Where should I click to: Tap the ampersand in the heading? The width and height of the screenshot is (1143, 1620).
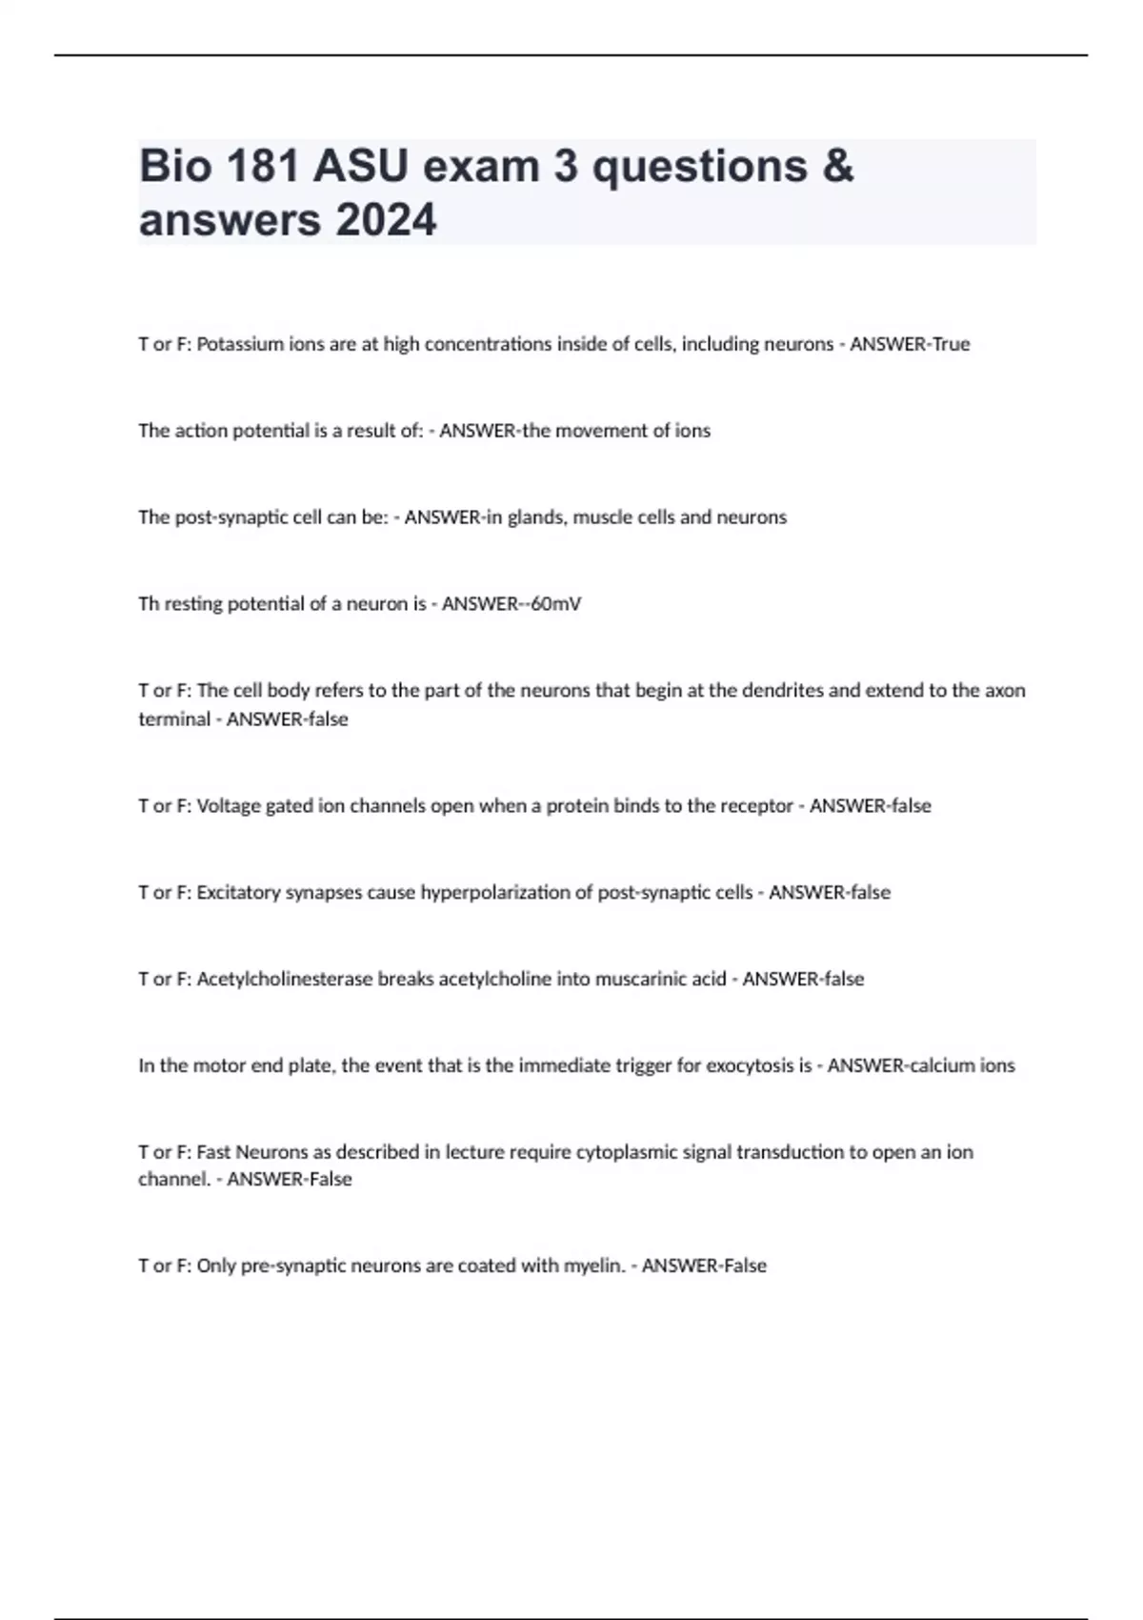pyautogui.click(x=835, y=167)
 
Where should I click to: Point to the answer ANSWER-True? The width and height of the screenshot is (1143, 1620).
pyautogui.click(x=909, y=344)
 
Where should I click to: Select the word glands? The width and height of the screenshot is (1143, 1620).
pyautogui.click(x=535, y=517)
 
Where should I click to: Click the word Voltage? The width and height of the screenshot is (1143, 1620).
pyautogui.click(x=228, y=806)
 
